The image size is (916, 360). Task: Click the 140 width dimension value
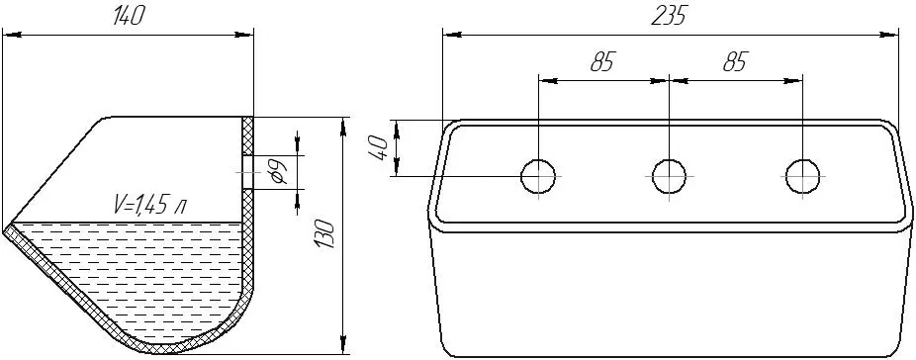point(129,17)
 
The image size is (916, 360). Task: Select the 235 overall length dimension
point(670,17)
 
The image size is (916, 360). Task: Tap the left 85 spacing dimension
point(602,61)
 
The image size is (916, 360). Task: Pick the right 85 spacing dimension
point(735,61)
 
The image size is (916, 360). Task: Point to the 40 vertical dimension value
point(378,147)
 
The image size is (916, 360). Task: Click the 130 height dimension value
point(324,235)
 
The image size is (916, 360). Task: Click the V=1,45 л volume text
point(150,205)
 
